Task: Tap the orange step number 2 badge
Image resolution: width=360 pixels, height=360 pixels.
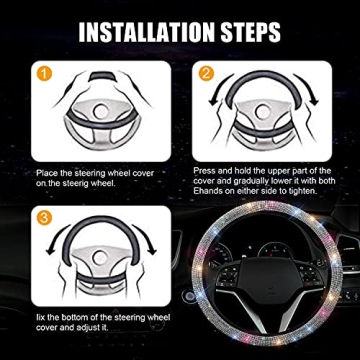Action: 204,74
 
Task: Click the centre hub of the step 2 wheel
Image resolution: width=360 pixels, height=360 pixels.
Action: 263,118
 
